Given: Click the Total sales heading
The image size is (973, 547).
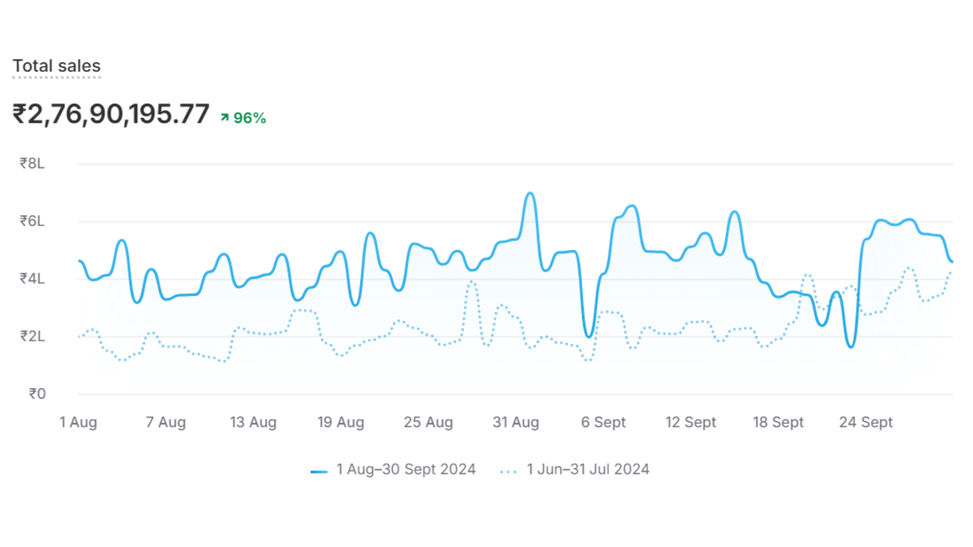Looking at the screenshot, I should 57,66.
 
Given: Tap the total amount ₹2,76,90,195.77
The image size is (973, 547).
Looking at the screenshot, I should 111,114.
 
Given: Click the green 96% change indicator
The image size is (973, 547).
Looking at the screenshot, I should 244,118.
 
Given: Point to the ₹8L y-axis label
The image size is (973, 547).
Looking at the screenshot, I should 32,163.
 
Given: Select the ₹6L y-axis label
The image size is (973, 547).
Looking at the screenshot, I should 32,221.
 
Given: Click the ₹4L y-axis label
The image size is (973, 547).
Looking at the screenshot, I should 32,279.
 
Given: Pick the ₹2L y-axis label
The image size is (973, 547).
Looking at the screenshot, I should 32,336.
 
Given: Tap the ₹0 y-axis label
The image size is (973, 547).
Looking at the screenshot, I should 37,394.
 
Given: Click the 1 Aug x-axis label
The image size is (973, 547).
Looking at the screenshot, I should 78,422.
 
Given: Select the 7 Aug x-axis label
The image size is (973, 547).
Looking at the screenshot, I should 166,422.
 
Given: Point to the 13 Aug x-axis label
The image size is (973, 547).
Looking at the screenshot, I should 253,422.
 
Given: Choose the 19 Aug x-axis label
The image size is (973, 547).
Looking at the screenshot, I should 341,422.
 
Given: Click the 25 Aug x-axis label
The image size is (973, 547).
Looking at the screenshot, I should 428,422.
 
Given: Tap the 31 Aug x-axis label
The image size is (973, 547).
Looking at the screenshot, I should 515,422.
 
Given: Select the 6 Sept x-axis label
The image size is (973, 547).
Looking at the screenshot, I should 603,422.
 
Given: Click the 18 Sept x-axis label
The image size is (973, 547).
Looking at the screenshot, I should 778,422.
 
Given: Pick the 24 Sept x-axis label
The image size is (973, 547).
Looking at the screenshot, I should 866,422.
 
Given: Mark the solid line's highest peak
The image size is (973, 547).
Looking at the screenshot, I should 530,193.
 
